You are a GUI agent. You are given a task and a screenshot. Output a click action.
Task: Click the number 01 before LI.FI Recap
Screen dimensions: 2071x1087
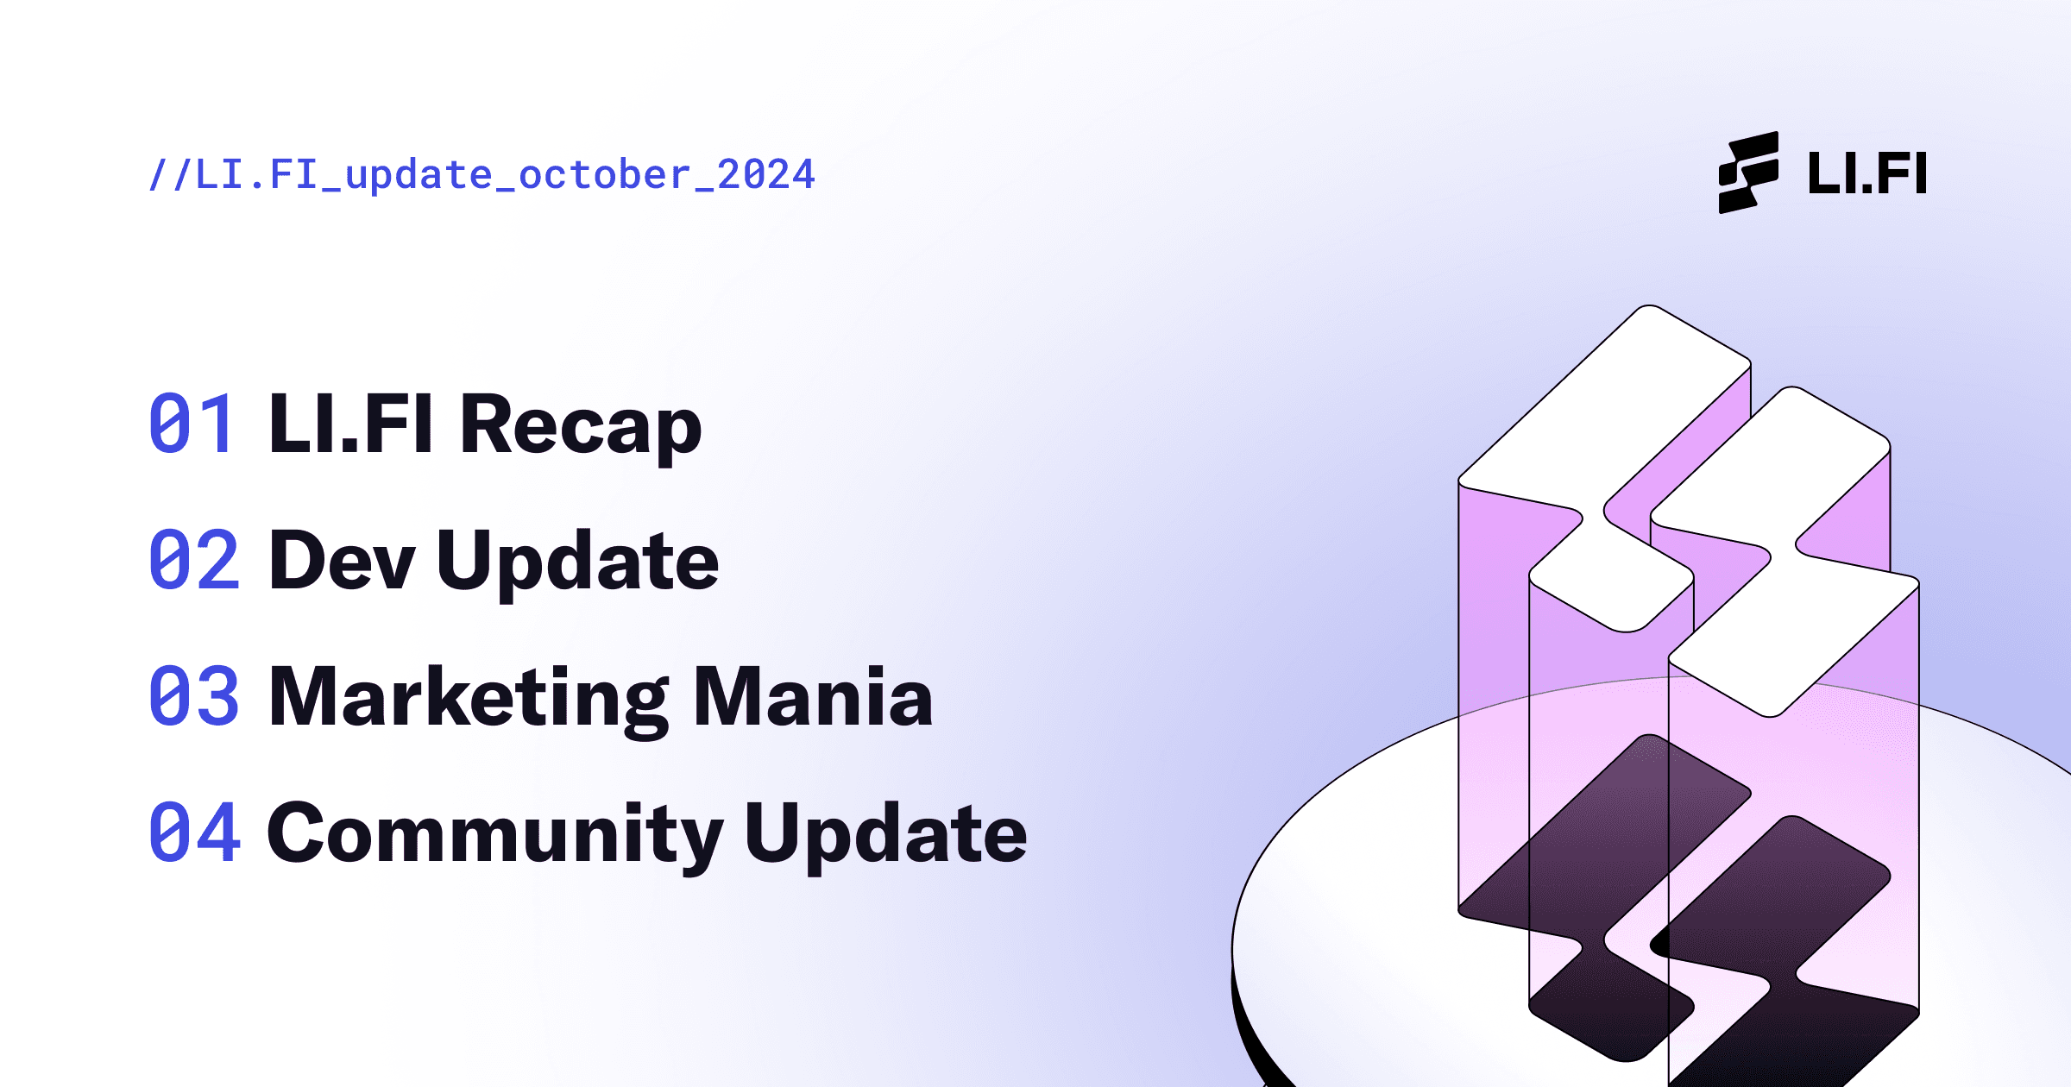point(191,423)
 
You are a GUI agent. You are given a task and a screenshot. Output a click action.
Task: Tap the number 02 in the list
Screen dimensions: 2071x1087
point(193,559)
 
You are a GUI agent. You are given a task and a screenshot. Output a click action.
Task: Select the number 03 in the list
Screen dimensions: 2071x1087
point(193,695)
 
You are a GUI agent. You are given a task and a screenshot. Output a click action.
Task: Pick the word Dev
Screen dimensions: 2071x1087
point(343,561)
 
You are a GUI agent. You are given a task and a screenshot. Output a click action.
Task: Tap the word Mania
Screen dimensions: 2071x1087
point(813,695)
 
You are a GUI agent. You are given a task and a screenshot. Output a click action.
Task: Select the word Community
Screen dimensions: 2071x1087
point(495,835)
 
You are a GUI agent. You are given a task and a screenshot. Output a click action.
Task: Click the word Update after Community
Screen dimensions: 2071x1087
point(885,835)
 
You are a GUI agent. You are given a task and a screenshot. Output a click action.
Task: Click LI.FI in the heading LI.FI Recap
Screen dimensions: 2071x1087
point(351,423)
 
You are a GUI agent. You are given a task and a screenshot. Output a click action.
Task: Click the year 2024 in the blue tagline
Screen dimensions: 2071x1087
point(766,174)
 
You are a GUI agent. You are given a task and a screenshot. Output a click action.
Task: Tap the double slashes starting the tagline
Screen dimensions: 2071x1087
point(170,175)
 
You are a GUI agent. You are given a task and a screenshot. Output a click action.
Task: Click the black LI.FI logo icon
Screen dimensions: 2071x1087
point(1748,173)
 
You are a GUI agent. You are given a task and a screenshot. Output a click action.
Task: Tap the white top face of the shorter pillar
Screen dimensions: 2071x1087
point(1785,552)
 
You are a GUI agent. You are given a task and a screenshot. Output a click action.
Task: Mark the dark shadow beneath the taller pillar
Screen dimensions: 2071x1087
point(1605,897)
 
